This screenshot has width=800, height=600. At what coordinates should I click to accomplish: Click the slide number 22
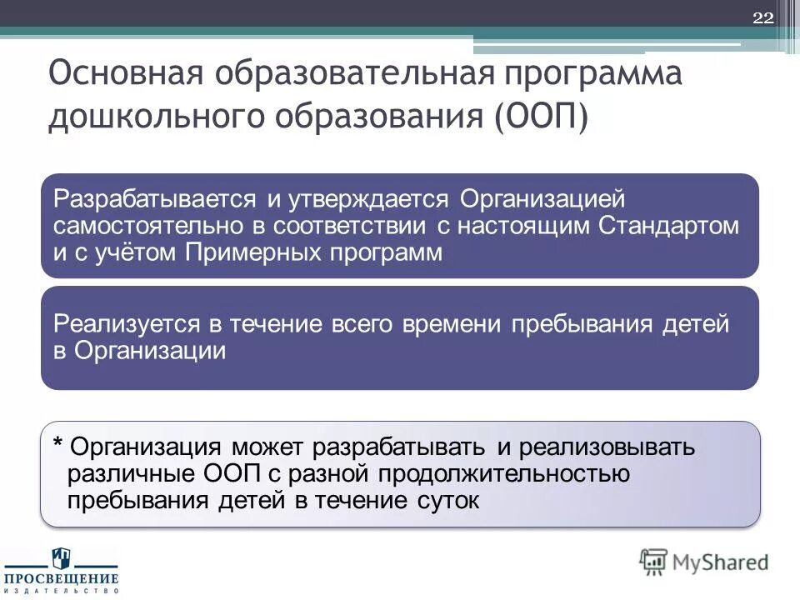[x=762, y=19]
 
